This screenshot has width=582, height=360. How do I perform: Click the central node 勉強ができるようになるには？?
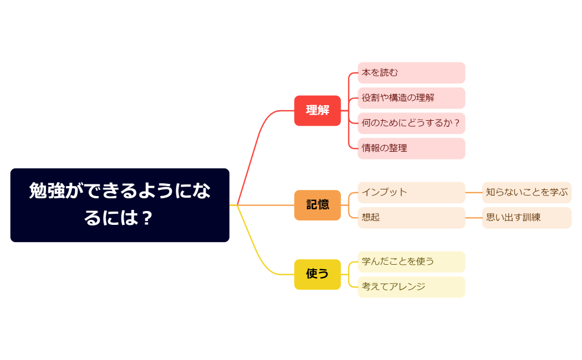pyautogui.click(x=120, y=205)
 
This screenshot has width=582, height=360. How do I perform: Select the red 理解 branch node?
pyautogui.click(x=317, y=110)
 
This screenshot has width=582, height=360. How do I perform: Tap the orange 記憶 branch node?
pyautogui.click(x=317, y=205)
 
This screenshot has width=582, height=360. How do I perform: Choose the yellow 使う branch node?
pyautogui.click(x=317, y=274)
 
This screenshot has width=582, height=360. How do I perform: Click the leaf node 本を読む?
pyautogui.click(x=411, y=73)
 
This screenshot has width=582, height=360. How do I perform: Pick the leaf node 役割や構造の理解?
pyautogui.click(x=411, y=98)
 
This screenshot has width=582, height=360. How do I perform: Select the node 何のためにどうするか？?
pyautogui.click(x=411, y=123)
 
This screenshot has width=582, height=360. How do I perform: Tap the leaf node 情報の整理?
pyautogui.click(x=411, y=148)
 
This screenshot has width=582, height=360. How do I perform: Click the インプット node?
pyautogui.click(x=411, y=192)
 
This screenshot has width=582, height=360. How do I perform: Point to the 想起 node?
pyautogui.click(x=411, y=218)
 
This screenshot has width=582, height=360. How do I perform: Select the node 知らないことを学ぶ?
pyautogui.click(x=527, y=192)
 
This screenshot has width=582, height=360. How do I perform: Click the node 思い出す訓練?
pyautogui.click(x=527, y=218)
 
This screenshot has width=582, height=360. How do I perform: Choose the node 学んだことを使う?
pyautogui.click(x=411, y=261)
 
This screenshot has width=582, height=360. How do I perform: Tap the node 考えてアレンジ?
pyautogui.click(x=411, y=287)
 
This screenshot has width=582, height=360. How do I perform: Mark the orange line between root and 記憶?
pyautogui.click(x=266, y=205)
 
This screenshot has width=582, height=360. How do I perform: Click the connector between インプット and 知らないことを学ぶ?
pyautogui.click(x=473, y=192)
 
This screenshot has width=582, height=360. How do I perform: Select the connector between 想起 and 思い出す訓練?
pyautogui.click(x=473, y=218)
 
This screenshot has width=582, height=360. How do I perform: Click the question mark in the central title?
pyautogui.click(x=146, y=218)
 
